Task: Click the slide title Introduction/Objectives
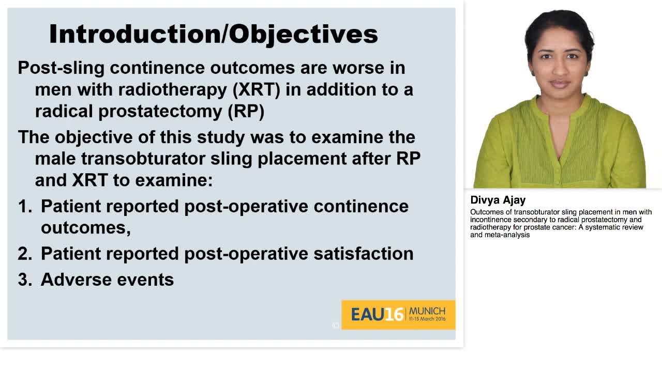click(213, 34)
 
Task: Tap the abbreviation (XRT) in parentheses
click(256, 89)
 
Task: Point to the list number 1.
click(24, 206)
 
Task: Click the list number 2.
click(24, 254)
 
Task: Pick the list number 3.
click(24, 280)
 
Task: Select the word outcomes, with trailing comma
click(85, 228)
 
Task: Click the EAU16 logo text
click(377, 314)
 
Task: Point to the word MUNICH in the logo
click(427, 311)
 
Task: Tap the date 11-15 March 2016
click(427, 319)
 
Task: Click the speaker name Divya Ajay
click(498, 200)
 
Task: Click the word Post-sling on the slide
click(61, 68)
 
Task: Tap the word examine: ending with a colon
click(174, 180)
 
